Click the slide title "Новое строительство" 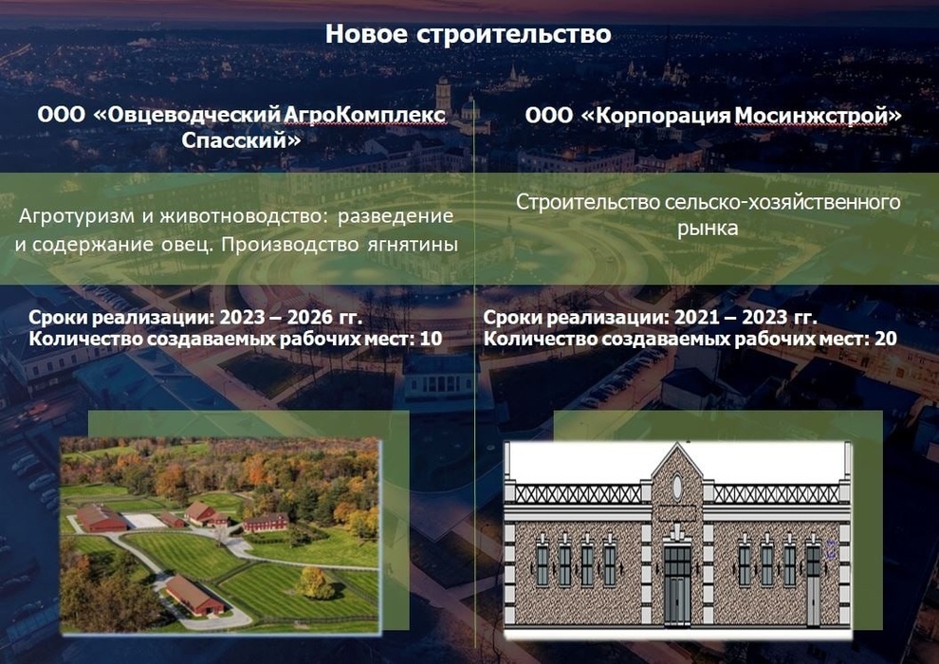point(469,34)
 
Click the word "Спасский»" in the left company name point(241,140)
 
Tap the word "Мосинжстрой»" point(818,115)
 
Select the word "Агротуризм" point(77,216)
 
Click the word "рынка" point(708,228)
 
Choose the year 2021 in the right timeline point(698,317)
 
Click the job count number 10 point(431,339)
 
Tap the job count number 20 point(886,339)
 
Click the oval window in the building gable point(677,487)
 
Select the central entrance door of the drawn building point(677,585)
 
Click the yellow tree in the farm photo point(314,582)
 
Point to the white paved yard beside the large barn point(143,521)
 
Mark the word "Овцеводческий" point(187,115)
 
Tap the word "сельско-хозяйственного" point(782,202)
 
